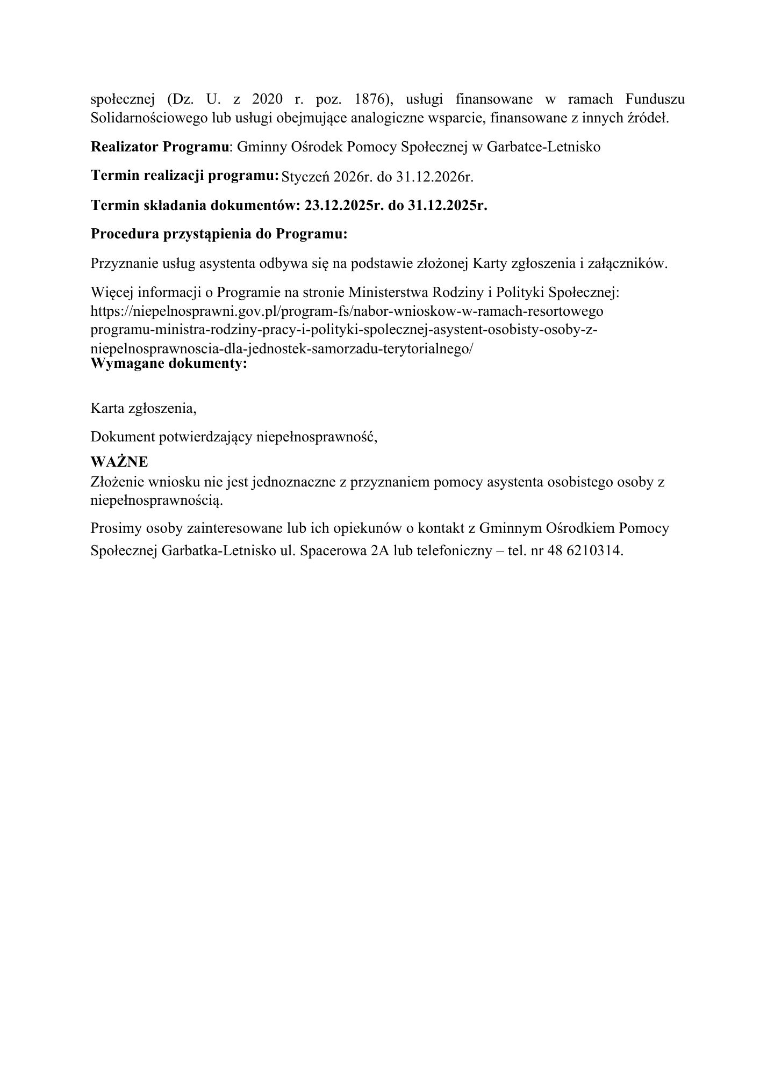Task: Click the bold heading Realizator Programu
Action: pyautogui.click(x=160, y=147)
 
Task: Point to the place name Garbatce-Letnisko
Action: pyautogui.click(x=543, y=147)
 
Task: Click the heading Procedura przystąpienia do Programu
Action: pyautogui.click(x=219, y=235)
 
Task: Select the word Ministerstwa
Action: pyautogui.click(x=385, y=293)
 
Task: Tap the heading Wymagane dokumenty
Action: pyautogui.click(x=169, y=364)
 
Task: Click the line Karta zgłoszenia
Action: pyautogui.click(x=144, y=408)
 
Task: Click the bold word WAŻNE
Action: pyautogui.click(x=119, y=462)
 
